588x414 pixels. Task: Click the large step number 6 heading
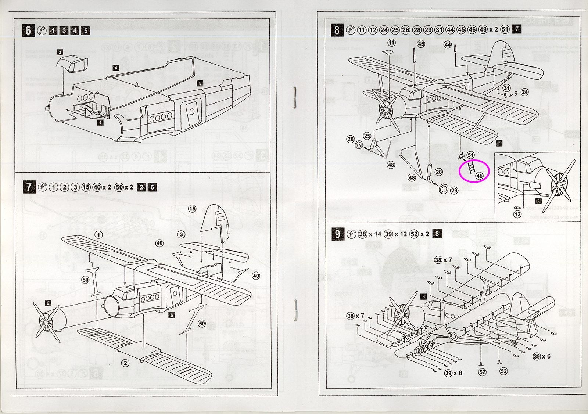[x=28, y=30]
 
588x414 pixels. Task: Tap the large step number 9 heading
[x=337, y=234]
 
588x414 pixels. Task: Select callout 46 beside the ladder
[x=479, y=176]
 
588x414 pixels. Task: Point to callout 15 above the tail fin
[x=192, y=209]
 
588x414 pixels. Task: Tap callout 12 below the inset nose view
[x=517, y=214]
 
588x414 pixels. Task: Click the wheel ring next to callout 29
[x=444, y=188]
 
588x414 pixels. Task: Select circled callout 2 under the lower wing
[x=125, y=363]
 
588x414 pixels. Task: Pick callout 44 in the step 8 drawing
[x=448, y=44]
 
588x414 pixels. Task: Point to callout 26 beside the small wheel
[x=350, y=139]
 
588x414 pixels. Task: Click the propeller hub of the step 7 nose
[x=45, y=322]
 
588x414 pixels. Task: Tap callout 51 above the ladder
[x=470, y=155]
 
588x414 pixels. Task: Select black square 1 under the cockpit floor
[x=100, y=123]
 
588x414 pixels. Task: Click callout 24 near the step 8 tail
[x=524, y=92]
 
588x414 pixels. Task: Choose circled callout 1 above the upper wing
[x=98, y=235]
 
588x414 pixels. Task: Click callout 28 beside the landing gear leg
[x=439, y=172]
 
